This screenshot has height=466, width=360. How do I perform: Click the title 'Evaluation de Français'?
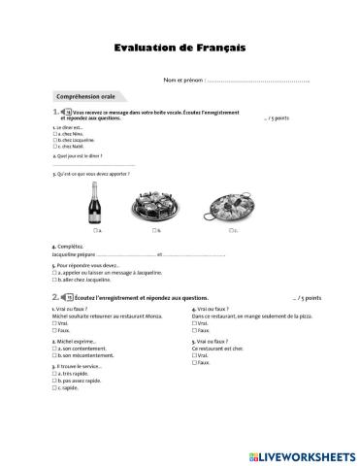point(180,47)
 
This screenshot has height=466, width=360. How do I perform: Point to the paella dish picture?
point(228,207)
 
